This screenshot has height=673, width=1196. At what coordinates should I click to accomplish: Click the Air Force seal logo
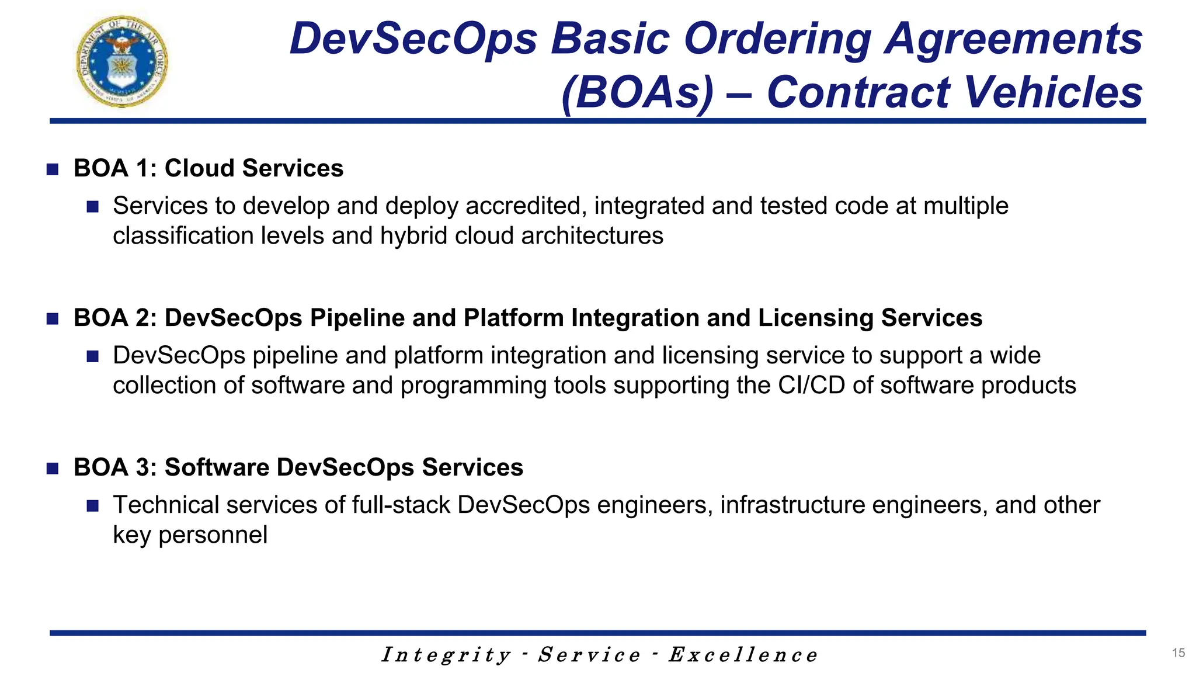122,61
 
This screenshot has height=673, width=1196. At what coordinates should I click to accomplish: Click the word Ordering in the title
777,39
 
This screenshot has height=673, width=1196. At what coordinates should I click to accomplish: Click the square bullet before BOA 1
53,169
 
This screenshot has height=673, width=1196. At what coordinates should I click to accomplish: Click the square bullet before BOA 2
53,319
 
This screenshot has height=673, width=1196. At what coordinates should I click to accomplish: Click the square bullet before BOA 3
53,469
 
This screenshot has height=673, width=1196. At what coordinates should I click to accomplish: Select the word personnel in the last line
213,535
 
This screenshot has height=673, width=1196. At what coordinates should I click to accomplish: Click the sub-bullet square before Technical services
92,506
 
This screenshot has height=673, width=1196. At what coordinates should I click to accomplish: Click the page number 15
1178,653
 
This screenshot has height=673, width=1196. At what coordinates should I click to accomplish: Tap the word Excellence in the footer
743,655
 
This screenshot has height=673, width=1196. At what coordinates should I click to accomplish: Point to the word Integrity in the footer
446,655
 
